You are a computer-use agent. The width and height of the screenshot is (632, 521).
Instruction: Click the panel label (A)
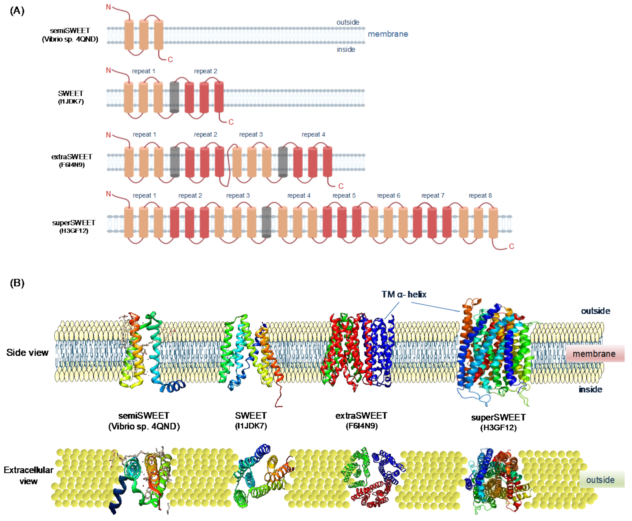pyautogui.click(x=17, y=11)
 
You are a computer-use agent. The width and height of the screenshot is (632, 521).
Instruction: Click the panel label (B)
pyautogui.click(x=17, y=283)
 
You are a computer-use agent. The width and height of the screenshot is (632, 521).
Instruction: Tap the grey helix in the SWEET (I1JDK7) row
pyautogui.click(x=174, y=97)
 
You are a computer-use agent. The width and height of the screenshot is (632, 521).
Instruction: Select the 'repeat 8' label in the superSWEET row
pyautogui.click(x=480, y=196)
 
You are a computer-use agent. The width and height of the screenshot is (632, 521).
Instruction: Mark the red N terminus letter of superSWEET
pyautogui.click(x=109, y=194)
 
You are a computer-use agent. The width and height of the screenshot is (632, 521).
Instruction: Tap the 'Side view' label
pyautogui.click(x=27, y=353)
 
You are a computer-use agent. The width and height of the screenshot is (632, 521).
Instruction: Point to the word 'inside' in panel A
pyautogui.click(x=346, y=50)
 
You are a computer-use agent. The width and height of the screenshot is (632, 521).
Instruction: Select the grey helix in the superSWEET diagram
pyautogui.click(x=266, y=222)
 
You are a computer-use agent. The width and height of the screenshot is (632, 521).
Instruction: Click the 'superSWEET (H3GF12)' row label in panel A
pyautogui.click(x=74, y=226)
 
